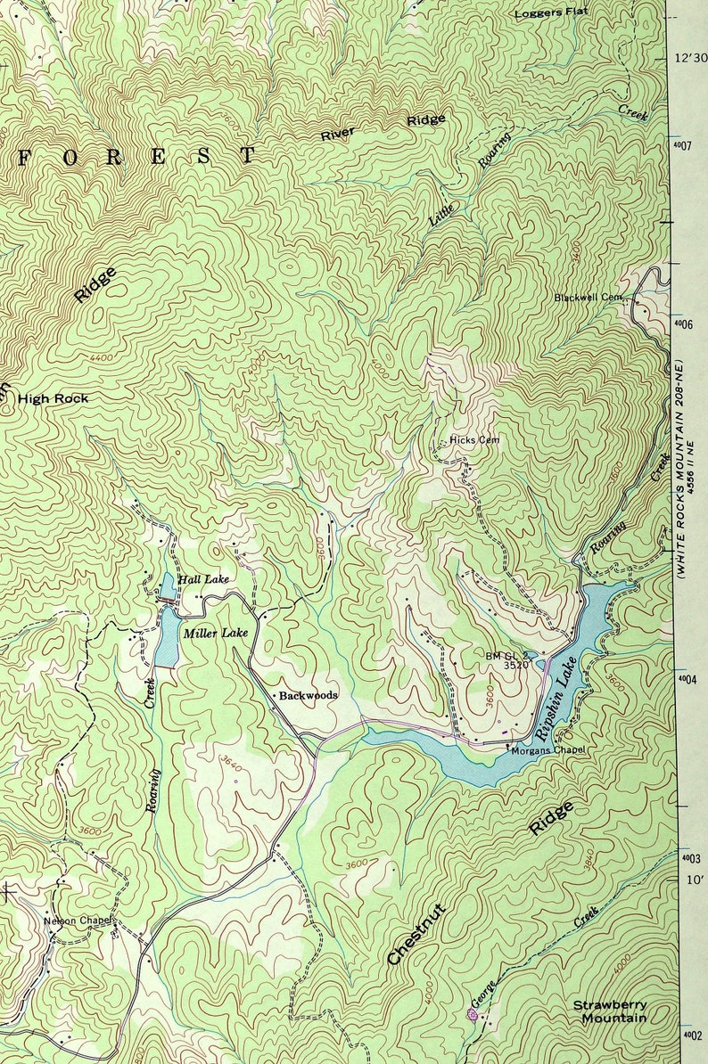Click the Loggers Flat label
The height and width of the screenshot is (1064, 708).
550,13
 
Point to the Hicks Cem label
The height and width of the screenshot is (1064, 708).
474,439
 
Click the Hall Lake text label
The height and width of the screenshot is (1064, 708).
203,579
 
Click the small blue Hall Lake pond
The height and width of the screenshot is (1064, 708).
167,585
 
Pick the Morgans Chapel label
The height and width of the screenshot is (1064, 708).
547,749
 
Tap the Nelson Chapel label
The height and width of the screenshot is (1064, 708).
76,921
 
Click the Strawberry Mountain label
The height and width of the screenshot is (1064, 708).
610,1011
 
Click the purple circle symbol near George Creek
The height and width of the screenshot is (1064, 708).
472,1014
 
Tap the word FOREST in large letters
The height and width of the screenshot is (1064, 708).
136,157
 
